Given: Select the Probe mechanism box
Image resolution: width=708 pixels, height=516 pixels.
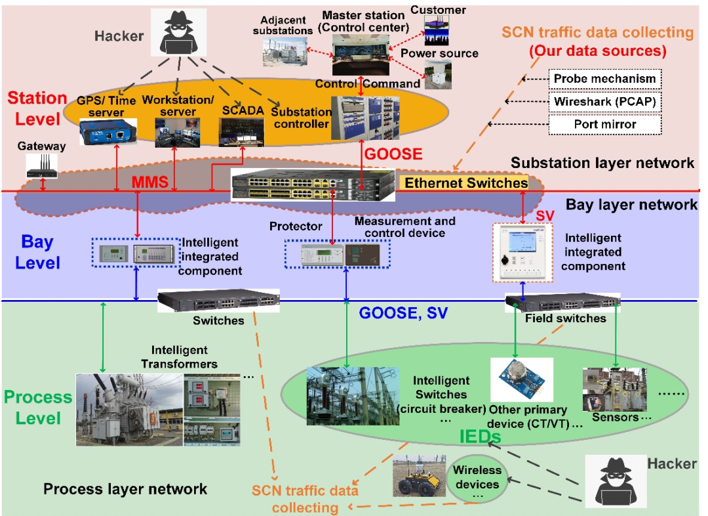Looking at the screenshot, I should (x=604, y=79).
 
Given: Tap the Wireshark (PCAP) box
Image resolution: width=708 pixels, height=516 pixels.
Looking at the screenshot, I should (x=604, y=101).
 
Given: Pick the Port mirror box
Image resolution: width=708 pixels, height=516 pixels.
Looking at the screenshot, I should (x=604, y=123).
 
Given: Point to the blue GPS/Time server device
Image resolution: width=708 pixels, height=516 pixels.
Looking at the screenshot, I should (x=108, y=132).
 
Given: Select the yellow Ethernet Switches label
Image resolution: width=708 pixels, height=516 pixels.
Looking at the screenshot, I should (x=465, y=183).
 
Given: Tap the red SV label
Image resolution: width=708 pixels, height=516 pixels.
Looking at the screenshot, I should (x=545, y=216).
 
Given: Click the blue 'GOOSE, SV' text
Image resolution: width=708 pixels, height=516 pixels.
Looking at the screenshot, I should (x=403, y=313).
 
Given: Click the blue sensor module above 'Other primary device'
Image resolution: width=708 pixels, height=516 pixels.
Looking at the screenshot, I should (x=522, y=379).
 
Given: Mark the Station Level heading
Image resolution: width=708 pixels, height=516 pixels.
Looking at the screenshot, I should (x=37, y=109).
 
